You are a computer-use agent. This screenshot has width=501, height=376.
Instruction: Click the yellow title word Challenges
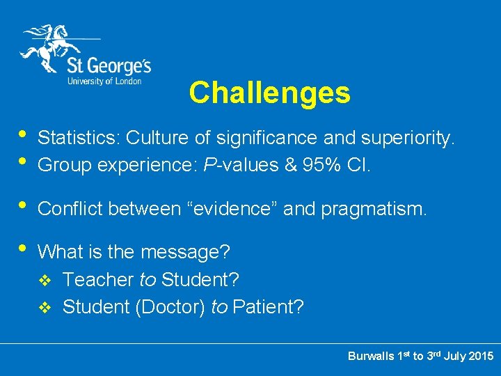(x=269, y=93)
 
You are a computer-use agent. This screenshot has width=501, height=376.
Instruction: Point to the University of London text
(x=104, y=81)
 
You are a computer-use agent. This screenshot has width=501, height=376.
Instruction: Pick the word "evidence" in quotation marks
(x=232, y=208)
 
